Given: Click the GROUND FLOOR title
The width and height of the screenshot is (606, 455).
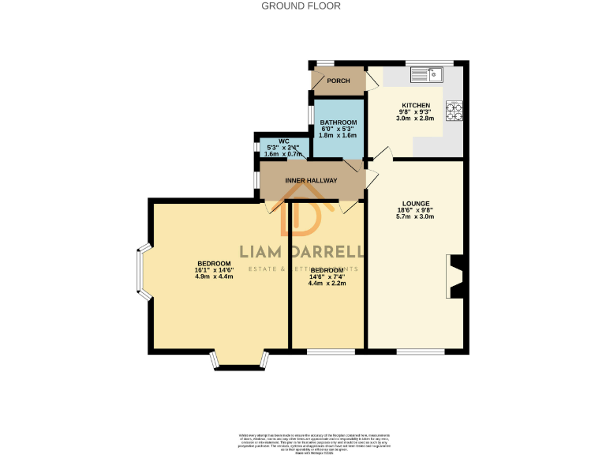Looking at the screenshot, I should click(x=301, y=6).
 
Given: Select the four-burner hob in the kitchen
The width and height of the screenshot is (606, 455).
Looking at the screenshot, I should click(x=454, y=111).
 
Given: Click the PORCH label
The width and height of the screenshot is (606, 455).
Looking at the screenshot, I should click(x=339, y=81).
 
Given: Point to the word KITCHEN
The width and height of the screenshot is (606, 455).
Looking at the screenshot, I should click(x=416, y=106).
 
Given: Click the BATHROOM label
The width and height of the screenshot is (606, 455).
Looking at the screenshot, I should click(x=339, y=122).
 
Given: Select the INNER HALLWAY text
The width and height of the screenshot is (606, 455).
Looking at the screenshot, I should click(x=311, y=181).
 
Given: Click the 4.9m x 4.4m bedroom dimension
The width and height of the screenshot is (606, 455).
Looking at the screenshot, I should click(x=214, y=276).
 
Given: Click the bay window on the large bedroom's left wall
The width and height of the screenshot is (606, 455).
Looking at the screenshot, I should click(x=142, y=275).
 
